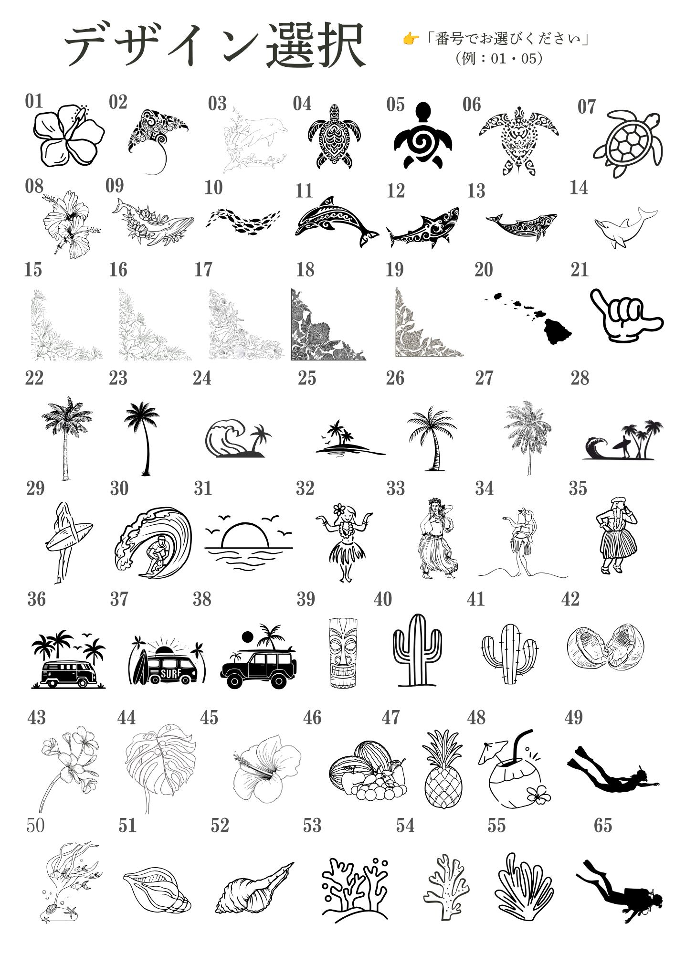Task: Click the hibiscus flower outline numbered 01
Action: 69,136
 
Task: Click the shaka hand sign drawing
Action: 626,315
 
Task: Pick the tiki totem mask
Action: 343,653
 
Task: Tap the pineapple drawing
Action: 443,769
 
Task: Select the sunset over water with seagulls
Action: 249,542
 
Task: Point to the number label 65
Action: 602,825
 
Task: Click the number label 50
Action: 35,825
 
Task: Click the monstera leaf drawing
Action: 160,766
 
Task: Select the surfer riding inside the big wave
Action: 153,542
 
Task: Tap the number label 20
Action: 483,270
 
